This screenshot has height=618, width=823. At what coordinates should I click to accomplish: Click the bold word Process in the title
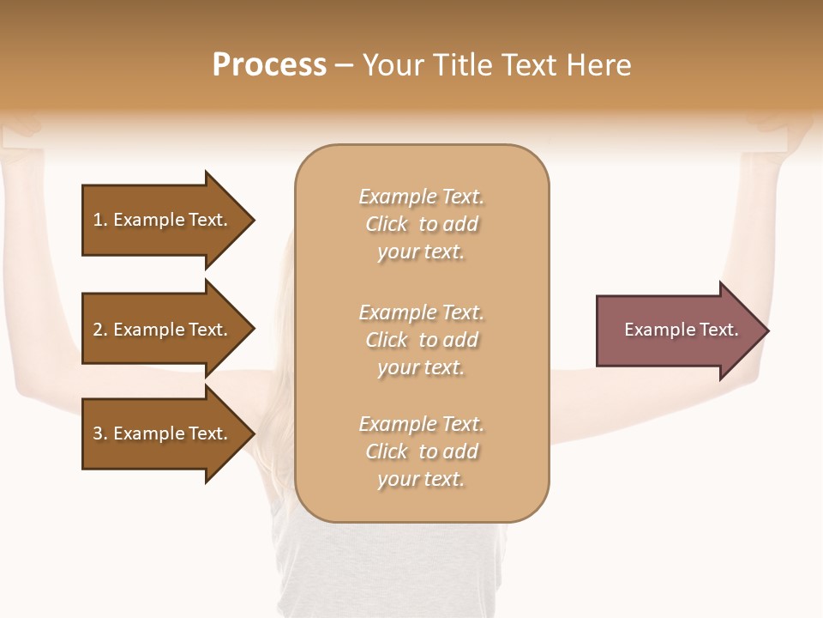click(x=269, y=65)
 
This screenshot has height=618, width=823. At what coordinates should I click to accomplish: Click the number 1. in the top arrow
click(x=100, y=220)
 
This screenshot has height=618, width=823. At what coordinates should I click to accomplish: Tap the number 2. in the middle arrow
click(x=100, y=330)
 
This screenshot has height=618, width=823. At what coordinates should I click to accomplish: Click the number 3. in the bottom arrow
click(x=100, y=433)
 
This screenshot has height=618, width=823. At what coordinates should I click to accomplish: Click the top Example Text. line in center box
click(x=421, y=197)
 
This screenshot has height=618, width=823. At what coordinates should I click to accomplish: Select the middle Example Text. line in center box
click(x=421, y=312)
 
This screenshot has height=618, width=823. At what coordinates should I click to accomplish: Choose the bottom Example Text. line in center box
click(x=421, y=424)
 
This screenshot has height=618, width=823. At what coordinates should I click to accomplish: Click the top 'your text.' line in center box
click(x=421, y=252)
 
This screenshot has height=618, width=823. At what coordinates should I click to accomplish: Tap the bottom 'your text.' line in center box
click(x=421, y=480)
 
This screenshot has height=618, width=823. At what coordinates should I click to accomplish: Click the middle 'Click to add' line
click(x=421, y=340)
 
